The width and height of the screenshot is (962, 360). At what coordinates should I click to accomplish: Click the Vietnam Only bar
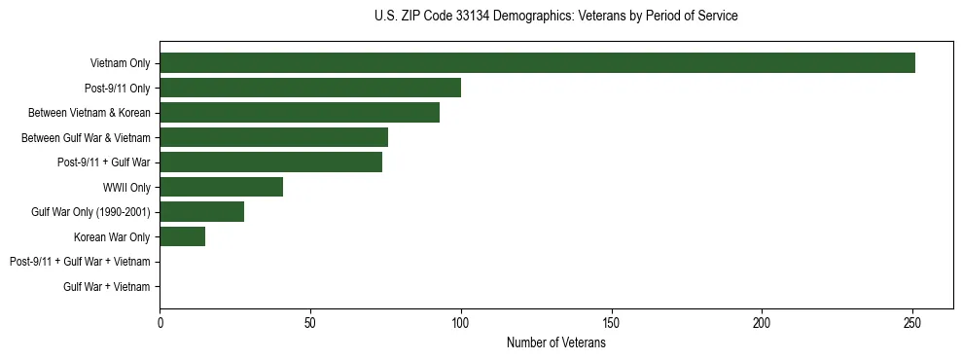[537, 63]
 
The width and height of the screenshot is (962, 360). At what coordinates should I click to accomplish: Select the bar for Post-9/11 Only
[310, 88]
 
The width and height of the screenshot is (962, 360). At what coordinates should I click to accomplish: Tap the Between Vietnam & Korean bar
[300, 113]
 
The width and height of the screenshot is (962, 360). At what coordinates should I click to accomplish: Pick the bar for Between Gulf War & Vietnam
[273, 137]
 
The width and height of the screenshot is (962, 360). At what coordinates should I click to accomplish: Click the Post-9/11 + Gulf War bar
[270, 162]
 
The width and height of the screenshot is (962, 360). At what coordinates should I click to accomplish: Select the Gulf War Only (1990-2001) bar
[201, 212]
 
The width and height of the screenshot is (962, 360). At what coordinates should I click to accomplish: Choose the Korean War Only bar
[182, 236]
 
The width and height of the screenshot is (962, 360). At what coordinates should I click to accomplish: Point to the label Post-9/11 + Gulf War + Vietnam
[80, 262]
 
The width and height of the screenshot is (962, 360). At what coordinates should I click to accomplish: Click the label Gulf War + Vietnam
[107, 287]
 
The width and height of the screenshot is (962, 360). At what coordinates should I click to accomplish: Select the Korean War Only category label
[112, 236]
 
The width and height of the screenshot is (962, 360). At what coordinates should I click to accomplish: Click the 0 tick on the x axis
[160, 322]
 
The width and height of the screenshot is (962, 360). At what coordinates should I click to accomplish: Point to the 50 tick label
[310, 322]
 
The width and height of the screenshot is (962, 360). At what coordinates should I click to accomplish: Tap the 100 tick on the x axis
[461, 322]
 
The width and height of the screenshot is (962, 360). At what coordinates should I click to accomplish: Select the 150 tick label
[612, 322]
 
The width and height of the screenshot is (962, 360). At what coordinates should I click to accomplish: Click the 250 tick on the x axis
[912, 322]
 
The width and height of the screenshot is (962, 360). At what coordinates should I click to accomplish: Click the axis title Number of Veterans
[555, 342]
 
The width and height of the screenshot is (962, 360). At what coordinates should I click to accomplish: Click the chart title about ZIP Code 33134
[555, 17]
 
